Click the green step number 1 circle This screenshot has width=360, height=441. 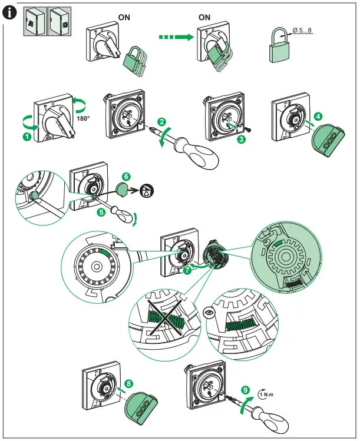25,137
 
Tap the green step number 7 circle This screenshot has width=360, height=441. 187,270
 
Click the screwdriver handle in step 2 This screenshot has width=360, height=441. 202,154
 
